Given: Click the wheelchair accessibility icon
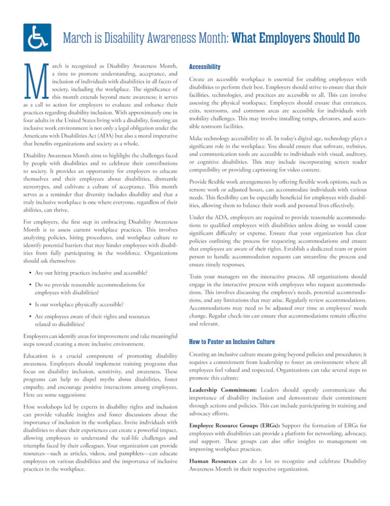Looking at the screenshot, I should coord(37,38).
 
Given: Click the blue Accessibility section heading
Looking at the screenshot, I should coord(205,67).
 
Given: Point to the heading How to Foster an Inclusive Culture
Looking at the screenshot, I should coord(232,341).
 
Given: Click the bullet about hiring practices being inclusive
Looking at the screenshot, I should coord(91,273).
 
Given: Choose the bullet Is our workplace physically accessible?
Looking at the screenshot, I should coord(79,304).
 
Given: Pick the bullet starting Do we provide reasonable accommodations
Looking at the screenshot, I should coord(90,285).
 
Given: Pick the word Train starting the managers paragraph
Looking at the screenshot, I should coord(197,277).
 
